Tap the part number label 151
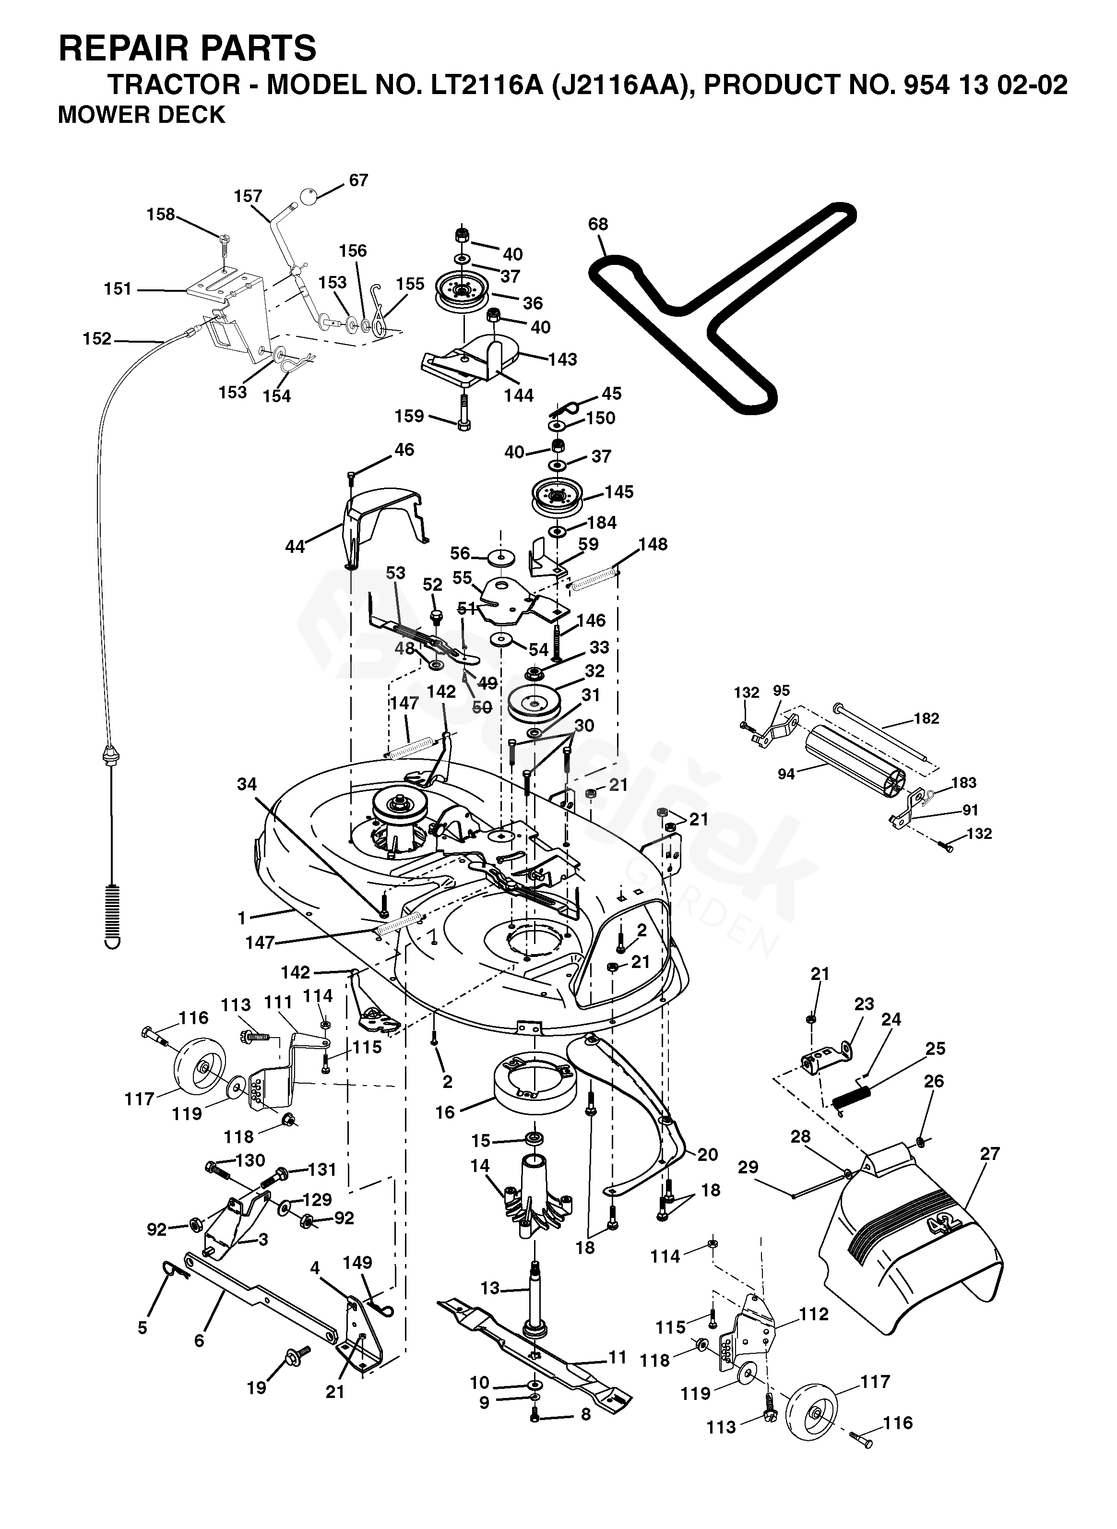(x=117, y=289)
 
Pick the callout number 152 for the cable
(x=97, y=338)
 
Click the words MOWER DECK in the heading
(x=142, y=115)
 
